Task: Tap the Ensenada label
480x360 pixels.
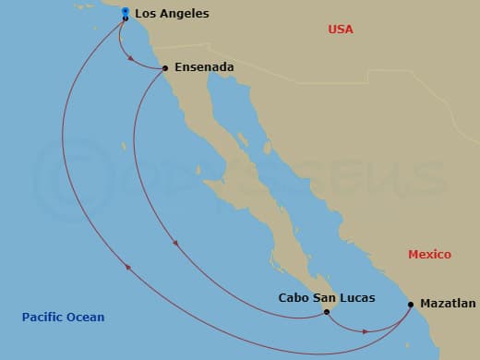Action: click(203, 67)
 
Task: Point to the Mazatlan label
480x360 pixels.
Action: click(448, 303)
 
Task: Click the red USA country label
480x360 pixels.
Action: click(341, 30)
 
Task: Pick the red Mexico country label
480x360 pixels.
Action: click(429, 254)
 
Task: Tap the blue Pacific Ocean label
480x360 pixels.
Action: click(63, 318)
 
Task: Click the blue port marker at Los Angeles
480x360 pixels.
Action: click(125, 12)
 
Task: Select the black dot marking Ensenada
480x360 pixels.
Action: click(164, 68)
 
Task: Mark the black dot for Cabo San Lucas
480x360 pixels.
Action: click(327, 312)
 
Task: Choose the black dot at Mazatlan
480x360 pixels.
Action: click(411, 302)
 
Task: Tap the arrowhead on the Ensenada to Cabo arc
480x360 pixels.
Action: click(175, 244)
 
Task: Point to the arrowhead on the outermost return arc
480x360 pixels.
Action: click(128, 268)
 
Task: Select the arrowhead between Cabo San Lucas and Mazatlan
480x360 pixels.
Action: click(366, 330)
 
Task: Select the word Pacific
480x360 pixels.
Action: click(43, 318)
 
